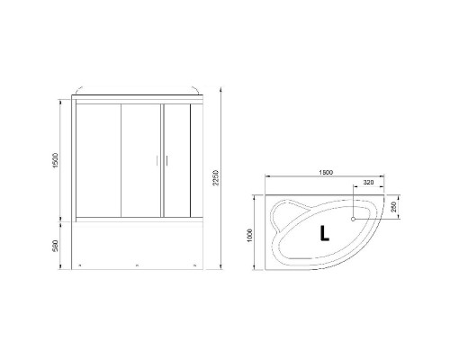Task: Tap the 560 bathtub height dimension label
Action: coord(55,245)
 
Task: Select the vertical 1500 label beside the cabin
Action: coord(55,158)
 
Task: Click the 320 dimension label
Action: coord(368,183)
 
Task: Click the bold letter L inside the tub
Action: coord(324,233)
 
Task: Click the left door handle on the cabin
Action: coord(157,160)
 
